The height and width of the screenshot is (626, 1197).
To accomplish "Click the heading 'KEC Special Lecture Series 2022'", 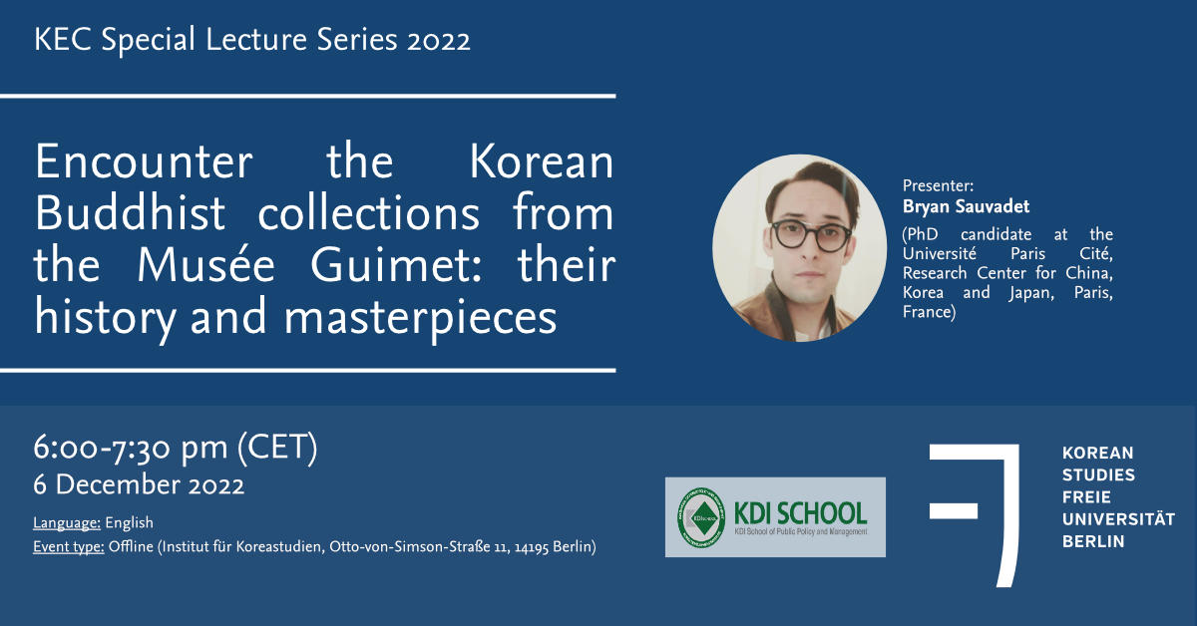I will (x=251, y=41).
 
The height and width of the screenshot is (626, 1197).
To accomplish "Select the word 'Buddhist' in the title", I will (x=132, y=214).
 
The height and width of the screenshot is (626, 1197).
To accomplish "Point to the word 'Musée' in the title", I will (x=215, y=266).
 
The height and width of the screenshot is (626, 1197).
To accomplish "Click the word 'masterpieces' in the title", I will (x=419, y=318).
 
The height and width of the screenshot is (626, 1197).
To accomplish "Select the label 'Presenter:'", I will (x=938, y=185).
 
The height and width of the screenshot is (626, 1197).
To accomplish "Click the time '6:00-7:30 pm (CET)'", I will (x=176, y=450).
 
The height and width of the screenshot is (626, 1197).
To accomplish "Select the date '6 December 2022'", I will (x=139, y=485).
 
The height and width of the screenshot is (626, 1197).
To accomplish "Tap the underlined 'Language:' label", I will (x=67, y=522).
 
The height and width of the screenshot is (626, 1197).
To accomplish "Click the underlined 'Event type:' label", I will (x=69, y=546).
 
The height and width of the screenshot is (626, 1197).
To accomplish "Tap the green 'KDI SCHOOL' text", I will (x=800, y=512).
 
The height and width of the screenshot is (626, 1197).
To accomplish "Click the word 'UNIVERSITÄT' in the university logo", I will (x=1118, y=518).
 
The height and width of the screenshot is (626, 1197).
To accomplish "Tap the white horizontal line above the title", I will (x=307, y=97).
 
